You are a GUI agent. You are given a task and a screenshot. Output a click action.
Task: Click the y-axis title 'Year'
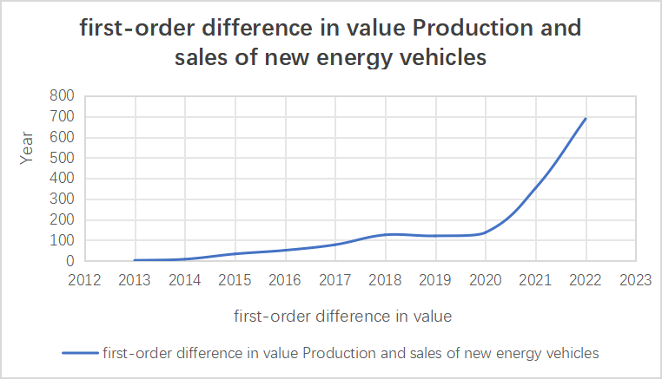click(27, 147)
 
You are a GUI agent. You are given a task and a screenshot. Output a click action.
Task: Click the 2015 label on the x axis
click(235, 279)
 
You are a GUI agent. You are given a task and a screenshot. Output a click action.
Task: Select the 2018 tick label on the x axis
click(385, 279)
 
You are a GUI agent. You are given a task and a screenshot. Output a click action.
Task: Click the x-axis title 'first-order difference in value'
click(342, 317)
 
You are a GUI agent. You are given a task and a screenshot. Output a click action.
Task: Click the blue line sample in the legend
click(79, 353)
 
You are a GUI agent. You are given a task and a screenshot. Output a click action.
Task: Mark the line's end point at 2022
click(586, 119)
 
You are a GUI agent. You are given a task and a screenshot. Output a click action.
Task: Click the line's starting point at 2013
click(135, 260)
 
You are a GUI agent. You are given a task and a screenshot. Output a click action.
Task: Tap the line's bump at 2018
click(385, 234)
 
